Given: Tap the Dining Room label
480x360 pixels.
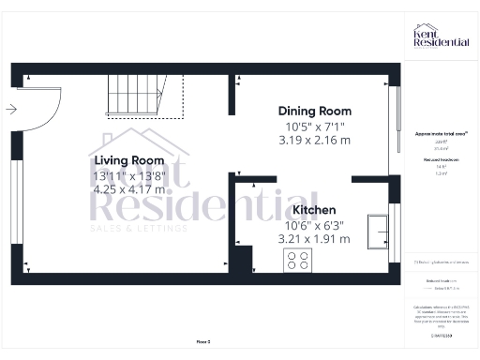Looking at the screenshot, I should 314,112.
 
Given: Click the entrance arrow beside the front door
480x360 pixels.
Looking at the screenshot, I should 10,109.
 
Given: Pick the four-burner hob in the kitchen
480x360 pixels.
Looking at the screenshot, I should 299,261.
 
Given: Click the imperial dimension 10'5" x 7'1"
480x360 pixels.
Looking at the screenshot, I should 314,127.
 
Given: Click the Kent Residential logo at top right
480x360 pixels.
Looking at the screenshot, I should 441,37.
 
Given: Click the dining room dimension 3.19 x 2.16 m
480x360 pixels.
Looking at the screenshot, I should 314,141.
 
